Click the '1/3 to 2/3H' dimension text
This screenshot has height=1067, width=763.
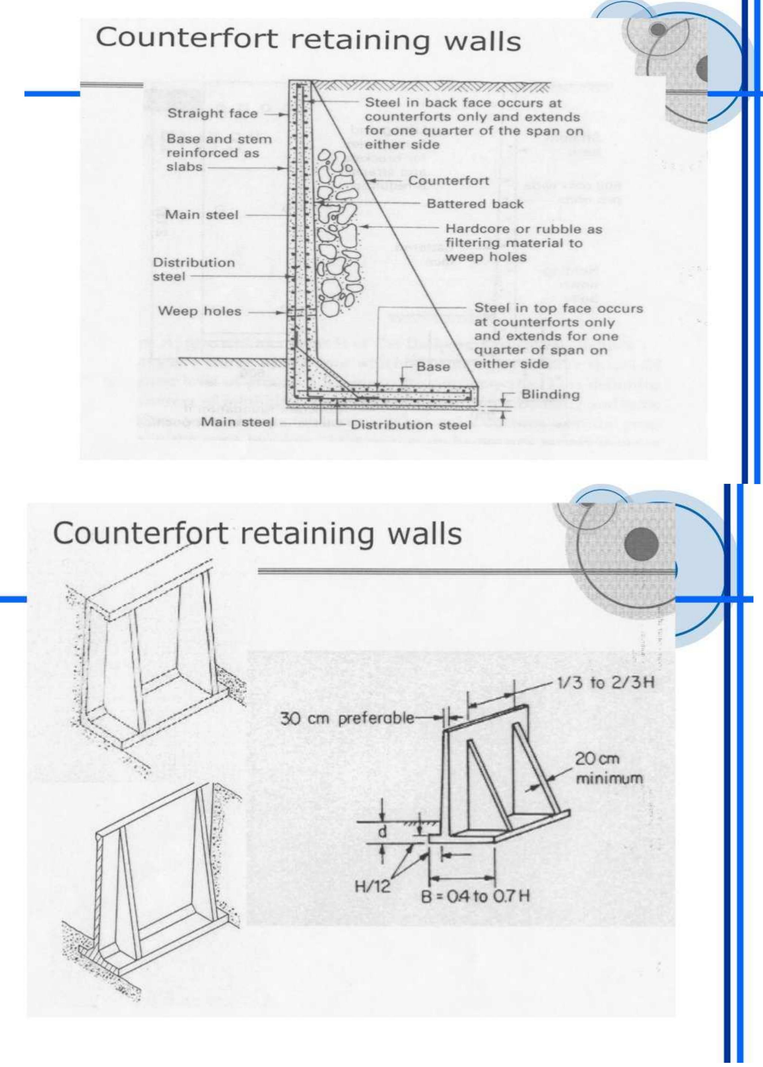tap(605, 682)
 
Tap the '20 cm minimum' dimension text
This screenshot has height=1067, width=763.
tap(608, 769)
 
